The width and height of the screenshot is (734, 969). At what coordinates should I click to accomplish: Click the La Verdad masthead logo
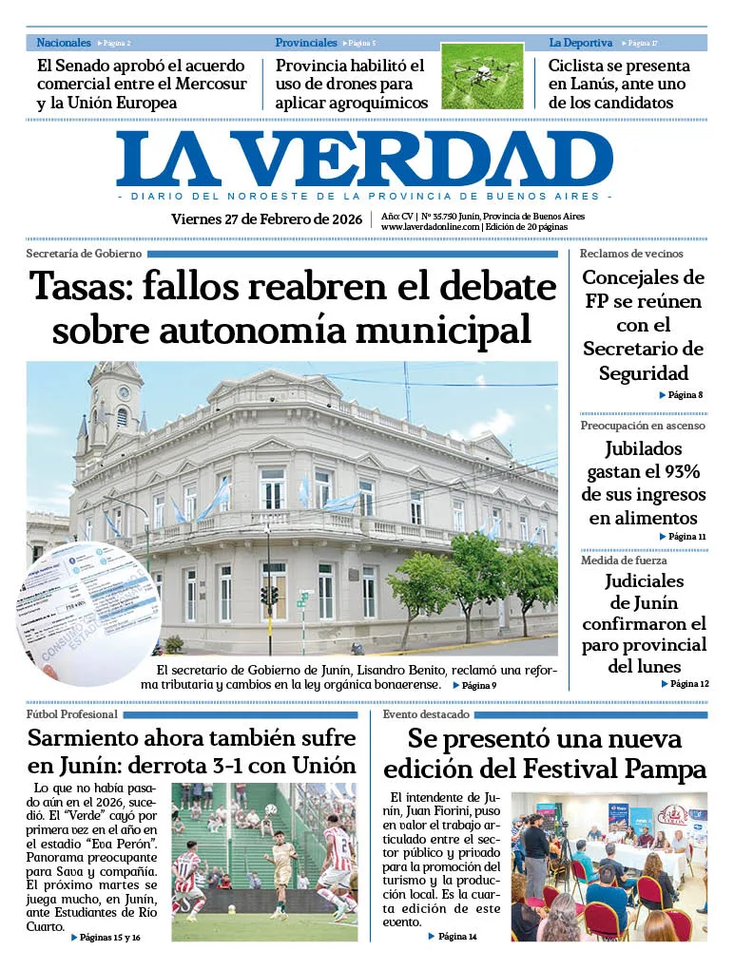click(365, 159)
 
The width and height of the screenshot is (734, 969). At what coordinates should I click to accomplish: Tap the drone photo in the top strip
click(482, 75)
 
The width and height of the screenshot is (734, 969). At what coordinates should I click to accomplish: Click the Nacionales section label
click(64, 43)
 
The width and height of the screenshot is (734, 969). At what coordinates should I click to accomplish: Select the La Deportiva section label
click(580, 43)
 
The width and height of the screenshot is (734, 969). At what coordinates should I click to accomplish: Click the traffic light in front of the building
click(269, 595)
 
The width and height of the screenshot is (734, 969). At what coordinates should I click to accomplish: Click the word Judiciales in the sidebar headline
click(645, 581)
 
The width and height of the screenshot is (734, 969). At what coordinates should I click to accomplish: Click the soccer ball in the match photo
click(270, 810)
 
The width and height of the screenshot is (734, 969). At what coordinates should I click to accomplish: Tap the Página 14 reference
click(456, 937)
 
